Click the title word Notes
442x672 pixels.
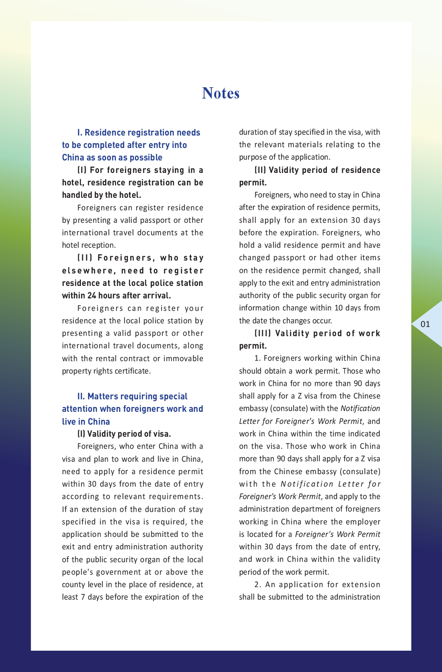[221, 93]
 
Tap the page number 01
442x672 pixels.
[425, 324]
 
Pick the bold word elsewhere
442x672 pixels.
[87, 271]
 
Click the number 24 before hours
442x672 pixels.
[92, 296]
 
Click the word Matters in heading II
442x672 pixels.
[101, 397]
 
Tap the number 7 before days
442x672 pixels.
[83, 597]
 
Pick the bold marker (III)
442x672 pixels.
[263, 333]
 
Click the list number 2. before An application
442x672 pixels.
[258, 584]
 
